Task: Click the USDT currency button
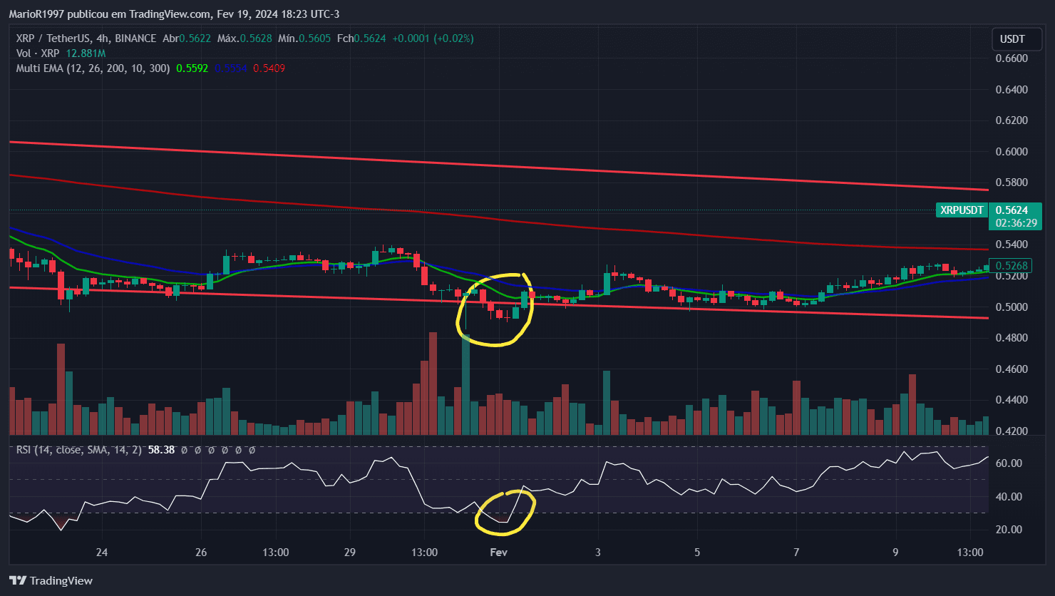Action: point(1012,38)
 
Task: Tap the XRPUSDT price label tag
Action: point(962,210)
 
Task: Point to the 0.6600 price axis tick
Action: point(1012,58)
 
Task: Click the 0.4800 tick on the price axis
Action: point(1012,338)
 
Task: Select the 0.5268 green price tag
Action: point(1012,266)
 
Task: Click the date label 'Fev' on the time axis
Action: point(498,553)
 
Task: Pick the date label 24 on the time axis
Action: point(102,553)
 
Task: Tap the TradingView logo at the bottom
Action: point(51,580)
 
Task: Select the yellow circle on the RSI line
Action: point(505,513)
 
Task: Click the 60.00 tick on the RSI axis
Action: point(1008,463)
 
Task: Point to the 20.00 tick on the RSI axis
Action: point(1008,530)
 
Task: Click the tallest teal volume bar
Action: point(465,385)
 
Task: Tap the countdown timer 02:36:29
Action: point(1012,223)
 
